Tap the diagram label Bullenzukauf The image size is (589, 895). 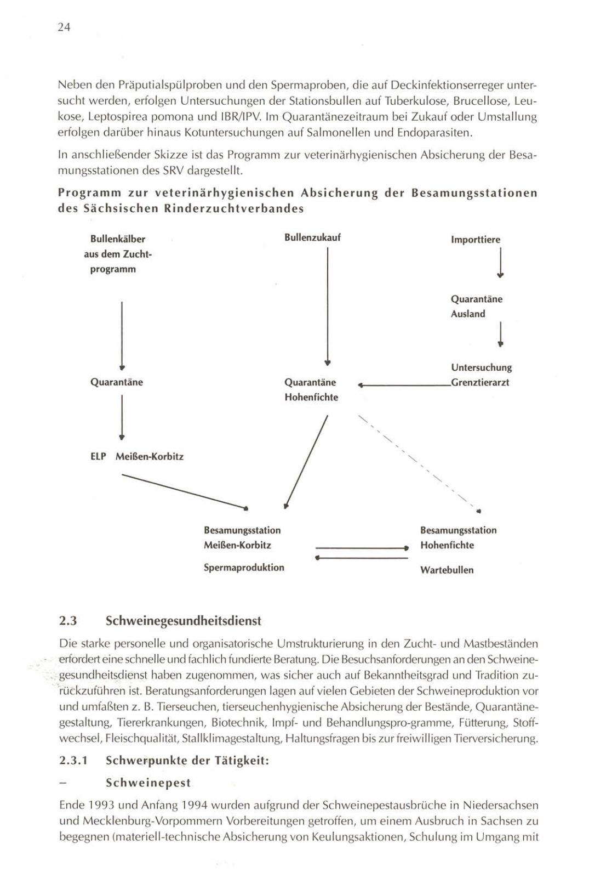(312, 237)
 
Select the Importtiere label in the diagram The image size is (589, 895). (475, 240)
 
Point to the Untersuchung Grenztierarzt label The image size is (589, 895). (481, 375)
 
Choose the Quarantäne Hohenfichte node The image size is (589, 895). (311, 389)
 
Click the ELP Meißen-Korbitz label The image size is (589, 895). (136, 456)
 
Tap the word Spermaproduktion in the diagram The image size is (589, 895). (244, 567)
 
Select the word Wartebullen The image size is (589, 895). (447, 570)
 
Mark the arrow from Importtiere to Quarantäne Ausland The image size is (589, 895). (500, 263)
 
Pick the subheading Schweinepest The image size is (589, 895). (148, 782)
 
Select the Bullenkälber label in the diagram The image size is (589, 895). (118, 239)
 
